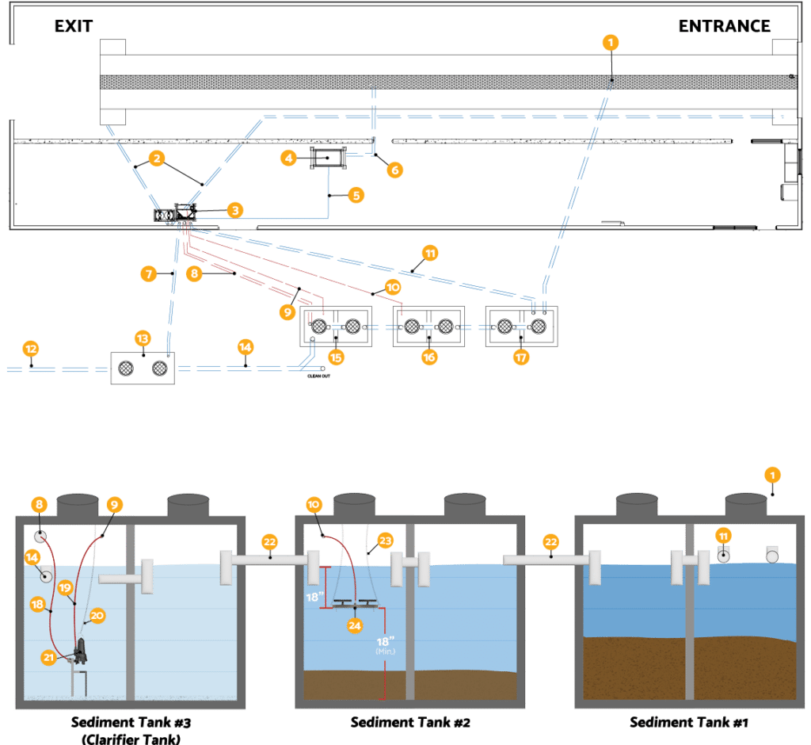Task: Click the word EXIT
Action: (x=74, y=26)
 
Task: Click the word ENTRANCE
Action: (x=724, y=26)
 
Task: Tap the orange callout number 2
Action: (x=157, y=159)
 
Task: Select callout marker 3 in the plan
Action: (x=234, y=210)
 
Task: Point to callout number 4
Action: (x=289, y=159)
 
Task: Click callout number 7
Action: (x=148, y=274)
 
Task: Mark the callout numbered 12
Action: (x=31, y=348)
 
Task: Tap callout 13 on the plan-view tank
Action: (x=143, y=338)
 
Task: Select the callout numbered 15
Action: (x=337, y=357)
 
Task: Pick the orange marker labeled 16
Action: (x=429, y=357)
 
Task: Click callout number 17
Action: (x=520, y=357)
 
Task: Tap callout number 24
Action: (x=353, y=625)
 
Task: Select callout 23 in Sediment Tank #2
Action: (x=385, y=540)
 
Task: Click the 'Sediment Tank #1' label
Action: (x=688, y=722)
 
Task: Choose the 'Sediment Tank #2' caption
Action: (x=410, y=722)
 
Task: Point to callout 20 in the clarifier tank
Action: (x=97, y=614)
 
